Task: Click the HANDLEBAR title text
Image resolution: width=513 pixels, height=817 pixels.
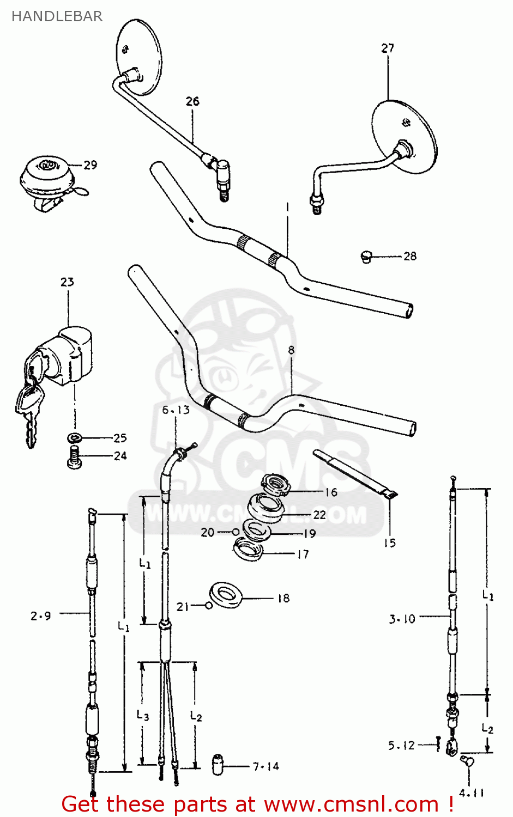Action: click(x=57, y=16)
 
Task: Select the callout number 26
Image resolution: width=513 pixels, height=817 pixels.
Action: click(x=192, y=101)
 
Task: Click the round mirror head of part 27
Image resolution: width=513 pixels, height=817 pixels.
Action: click(x=405, y=136)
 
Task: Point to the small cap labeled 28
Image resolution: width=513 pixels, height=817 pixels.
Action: click(x=366, y=256)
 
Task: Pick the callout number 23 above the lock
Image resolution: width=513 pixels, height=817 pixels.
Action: click(x=67, y=282)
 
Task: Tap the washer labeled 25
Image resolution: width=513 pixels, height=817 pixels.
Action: click(x=74, y=437)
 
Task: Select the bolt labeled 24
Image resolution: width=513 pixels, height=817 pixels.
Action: click(x=74, y=456)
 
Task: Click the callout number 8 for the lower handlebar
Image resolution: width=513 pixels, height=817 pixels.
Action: click(x=291, y=350)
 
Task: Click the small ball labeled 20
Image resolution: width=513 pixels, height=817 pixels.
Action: click(x=236, y=532)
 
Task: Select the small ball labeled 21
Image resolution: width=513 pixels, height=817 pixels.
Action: click(x=209, y=605)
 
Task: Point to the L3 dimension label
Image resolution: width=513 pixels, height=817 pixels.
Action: click(x=143, y=715)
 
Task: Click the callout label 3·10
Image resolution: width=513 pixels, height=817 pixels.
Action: click(x=402, y=619)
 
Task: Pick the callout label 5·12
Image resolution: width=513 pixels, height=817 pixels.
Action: click(x=402, y=745)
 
